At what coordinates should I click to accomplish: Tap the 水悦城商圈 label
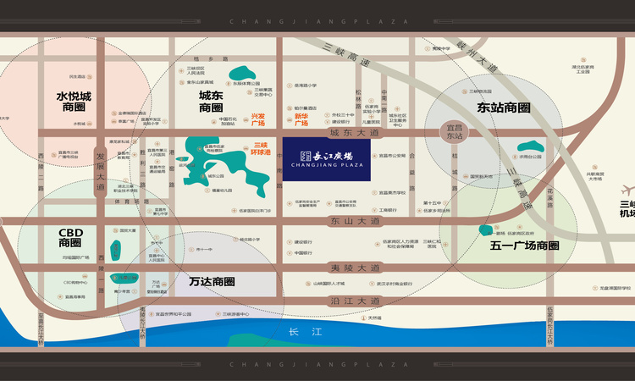(74, 102)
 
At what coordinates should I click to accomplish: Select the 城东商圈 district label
(211, 102)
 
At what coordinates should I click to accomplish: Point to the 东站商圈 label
(503, 108)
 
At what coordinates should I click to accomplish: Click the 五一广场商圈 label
(525, 246)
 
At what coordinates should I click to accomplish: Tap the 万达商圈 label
(212, 281)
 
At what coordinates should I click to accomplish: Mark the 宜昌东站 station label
(456, 131)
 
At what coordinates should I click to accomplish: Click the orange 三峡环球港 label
(262, 150)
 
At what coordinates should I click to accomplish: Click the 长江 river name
(301, 332)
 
